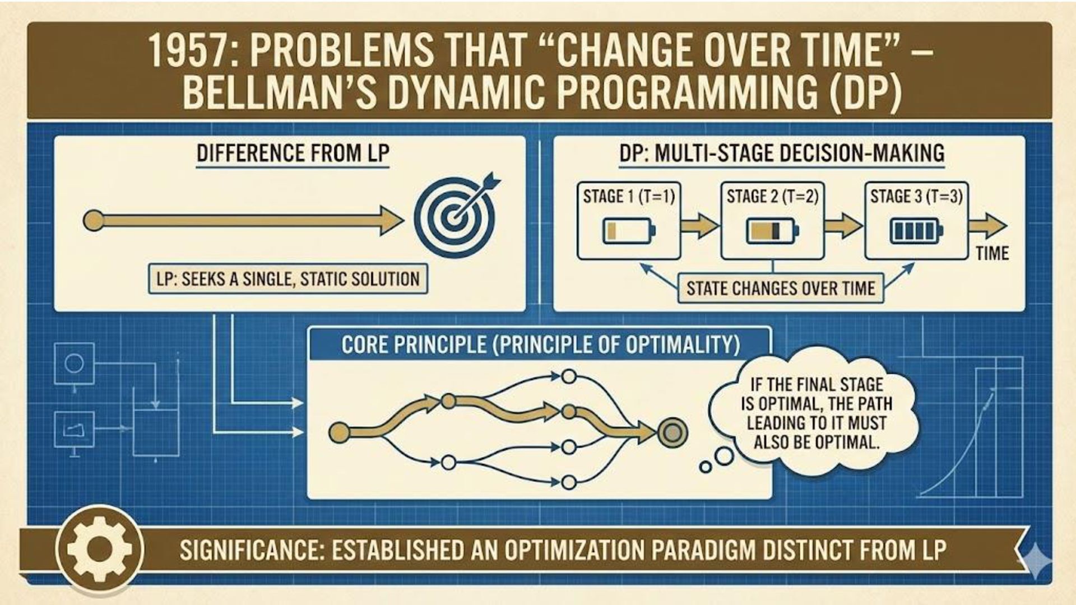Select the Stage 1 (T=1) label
tap(629, 197)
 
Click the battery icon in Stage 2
tap(772, 231)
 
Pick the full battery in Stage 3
tap(916, 231)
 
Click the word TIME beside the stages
tap(992, 253)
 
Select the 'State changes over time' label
tap(781, 288)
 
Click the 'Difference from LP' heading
tap(293, 153)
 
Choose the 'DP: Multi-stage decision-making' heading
tap(782, 153)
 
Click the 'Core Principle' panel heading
tap(540, 345)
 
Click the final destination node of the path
tap(670, 432)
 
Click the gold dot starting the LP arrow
tap(94, 220)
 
